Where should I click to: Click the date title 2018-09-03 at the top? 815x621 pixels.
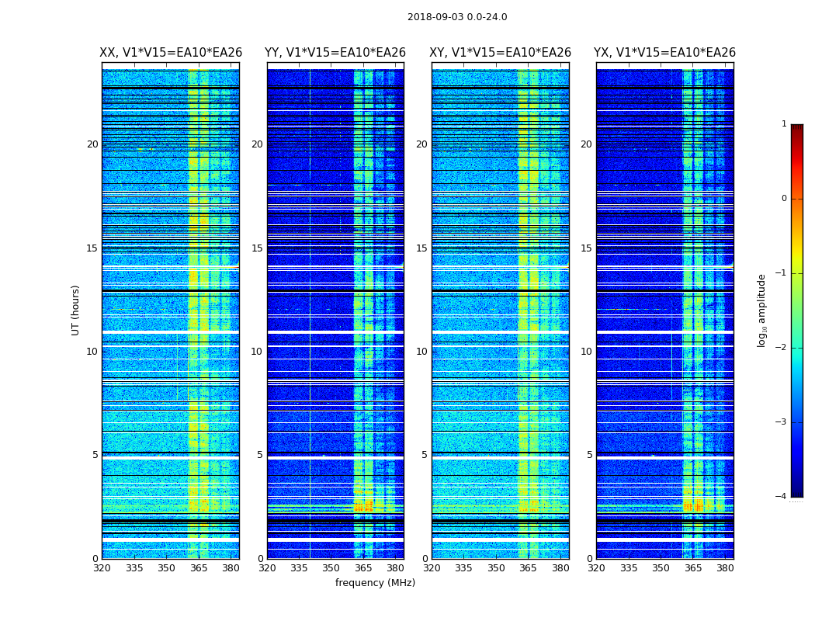point(457,17)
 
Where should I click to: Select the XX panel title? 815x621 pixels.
point(171,53)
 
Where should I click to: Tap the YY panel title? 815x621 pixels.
point(335,53)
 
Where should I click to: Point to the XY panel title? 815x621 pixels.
point(501,53)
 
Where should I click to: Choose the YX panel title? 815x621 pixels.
point(664,53)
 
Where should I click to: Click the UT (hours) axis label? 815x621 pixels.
point(76,310)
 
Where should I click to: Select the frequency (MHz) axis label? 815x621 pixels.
point(375,583)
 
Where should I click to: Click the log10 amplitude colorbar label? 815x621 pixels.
point(762,310)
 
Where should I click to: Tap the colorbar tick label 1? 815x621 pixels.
point(784,124)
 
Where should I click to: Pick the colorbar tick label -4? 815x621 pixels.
point(782,497)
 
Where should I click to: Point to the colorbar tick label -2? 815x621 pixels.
point(782,348)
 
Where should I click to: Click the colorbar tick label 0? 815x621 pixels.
point(784,199)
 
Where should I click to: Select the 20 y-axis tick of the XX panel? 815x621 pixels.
point(92,144)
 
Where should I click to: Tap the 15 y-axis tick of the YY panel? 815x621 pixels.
point(257,248)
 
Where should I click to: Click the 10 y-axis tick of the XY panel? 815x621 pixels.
point(421,352)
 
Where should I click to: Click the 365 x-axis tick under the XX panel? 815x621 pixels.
point(199,568)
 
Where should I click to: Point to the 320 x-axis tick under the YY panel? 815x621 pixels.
point(267,568)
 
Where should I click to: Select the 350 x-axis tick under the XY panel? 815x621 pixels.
point(496,568)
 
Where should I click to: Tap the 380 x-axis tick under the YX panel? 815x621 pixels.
point(725,568)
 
